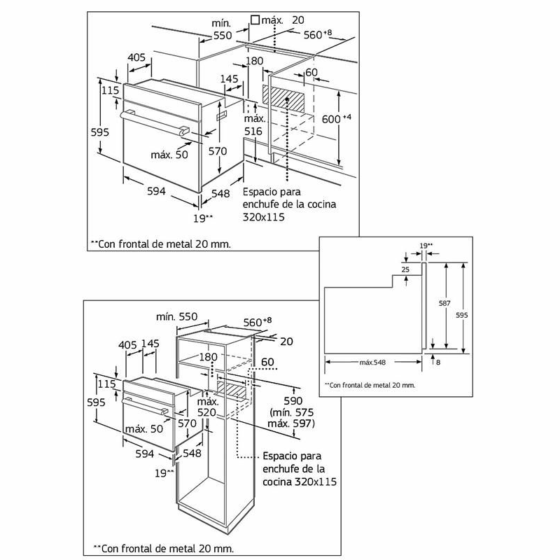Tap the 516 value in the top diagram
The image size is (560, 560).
click(253, 131)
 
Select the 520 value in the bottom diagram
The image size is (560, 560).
click(207, 414)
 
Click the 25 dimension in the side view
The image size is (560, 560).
click(405, 269)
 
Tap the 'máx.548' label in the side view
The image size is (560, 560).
click(374, 362)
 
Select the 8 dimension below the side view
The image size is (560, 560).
click(437, 362)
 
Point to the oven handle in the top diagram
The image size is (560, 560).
click(155, 120)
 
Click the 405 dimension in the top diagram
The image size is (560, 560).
click(136, 57)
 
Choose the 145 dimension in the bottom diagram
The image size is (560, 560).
click(150, 344)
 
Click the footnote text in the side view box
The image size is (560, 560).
click(370, 385)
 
